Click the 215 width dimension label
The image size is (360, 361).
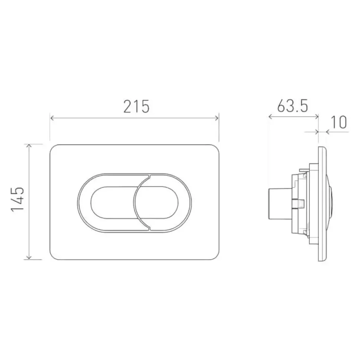coord(136,107)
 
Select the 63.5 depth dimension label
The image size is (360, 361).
coord(292,106)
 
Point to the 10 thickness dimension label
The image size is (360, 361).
coord(338,122)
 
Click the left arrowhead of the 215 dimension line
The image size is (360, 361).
coord(52,118)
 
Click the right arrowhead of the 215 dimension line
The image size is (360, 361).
coord(217,118)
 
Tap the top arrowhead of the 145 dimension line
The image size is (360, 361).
coord(29,146)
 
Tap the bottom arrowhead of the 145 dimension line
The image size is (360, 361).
coord(29,257)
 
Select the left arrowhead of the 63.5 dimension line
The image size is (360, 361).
coord(271,117)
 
